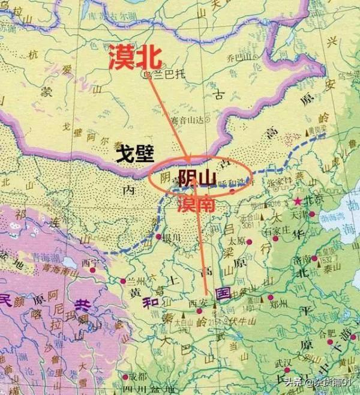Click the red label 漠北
[135, 59]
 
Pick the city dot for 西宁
[91, 270]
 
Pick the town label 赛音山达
[179, 120]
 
